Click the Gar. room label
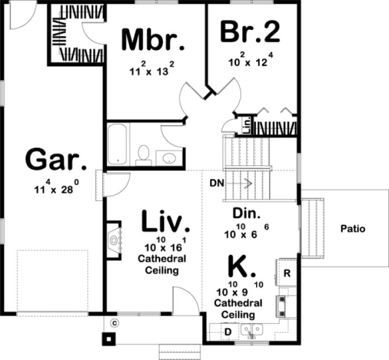coord(55,160)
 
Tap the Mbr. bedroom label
coord(153,40)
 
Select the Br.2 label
coord(250,32)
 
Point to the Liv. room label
coord(166,221)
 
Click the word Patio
coord(353,229)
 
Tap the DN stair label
coord(216,183)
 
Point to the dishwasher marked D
coord(228,331)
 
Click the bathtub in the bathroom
coord(117,144)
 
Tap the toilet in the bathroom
coord(144,153)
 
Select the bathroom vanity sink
coord(170,158)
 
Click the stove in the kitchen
coord(283,306)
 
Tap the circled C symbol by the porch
coord(114,324)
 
